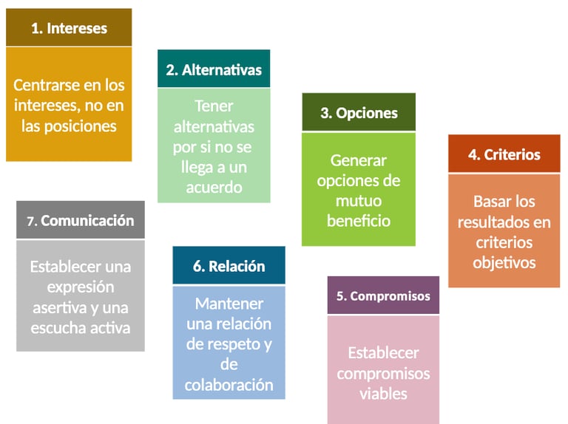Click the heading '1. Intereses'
(69, 29)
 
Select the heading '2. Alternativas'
(214, 70)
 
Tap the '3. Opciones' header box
(359, 113)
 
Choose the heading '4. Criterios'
(504, 154)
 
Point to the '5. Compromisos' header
(383, 295)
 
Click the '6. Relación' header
(229, 266)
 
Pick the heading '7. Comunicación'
(81, 220)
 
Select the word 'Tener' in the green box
(214, 106)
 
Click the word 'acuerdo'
(214, 188)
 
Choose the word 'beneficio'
(359, 220)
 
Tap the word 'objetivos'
(504, 261)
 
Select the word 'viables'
(383, 394)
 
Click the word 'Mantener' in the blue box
(229, 304)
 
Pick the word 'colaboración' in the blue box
(229, 385)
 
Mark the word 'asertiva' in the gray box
(58, 307)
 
